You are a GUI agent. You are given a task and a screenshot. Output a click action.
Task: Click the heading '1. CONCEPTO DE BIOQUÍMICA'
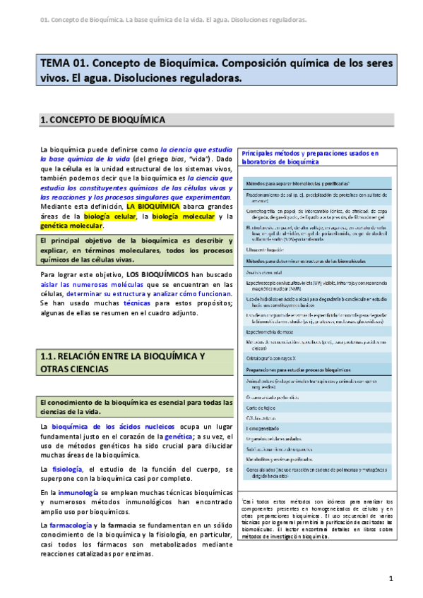pyautogui.click(x=103, y=121)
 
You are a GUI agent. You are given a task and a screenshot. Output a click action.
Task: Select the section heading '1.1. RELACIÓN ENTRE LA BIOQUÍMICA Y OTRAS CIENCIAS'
pyautogui.click(x=123, y=362)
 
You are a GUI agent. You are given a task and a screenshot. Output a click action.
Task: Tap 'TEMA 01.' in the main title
pyautogui.click(x=64, y=63)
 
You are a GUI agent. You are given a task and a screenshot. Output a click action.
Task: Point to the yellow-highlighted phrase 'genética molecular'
pyautogui.click(x=72, y=226)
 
